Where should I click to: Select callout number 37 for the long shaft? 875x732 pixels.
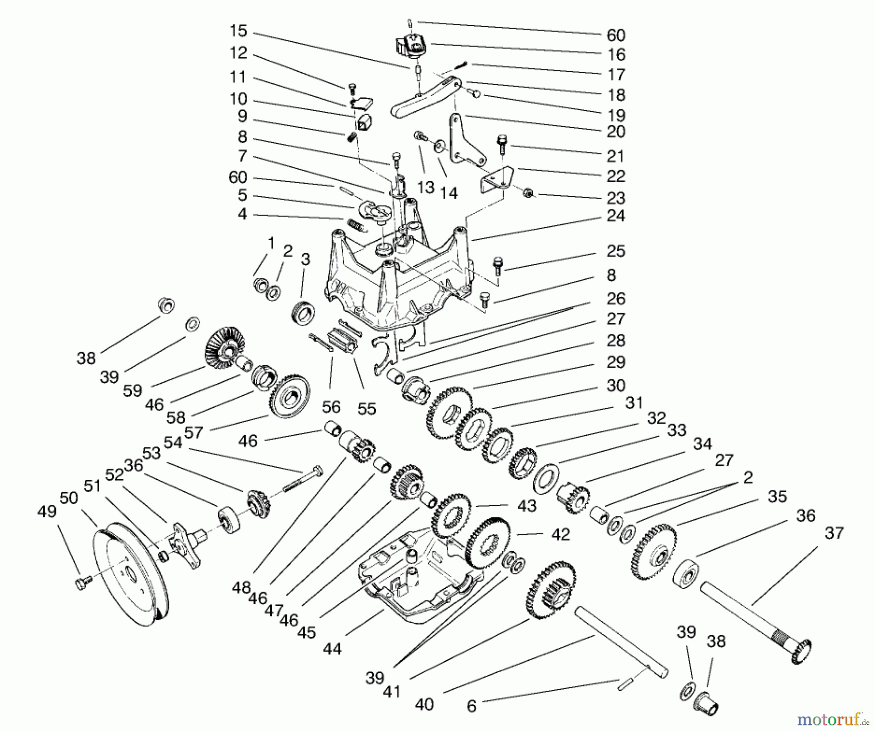click(x=834, y=533)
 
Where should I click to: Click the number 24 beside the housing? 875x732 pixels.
click(x=615, y=215)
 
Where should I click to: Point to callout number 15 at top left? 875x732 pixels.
click(x=238, y=31)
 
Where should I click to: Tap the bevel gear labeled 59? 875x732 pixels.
click(x=225, y=346)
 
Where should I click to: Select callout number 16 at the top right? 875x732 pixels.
click(x=615, y=54)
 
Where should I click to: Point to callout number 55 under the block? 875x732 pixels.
click(x=367, y=409)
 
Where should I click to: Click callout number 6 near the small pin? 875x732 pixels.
click(x=472, y=706)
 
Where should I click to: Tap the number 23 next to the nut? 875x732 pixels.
click(x=615, y=198)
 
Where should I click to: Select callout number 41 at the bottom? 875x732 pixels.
click(x=392, y=691)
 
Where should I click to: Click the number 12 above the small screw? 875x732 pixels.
click(x=238, y=52)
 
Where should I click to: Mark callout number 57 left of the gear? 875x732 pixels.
click(x=193, y=432)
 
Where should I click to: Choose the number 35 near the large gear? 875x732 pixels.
click(x=777, y=496)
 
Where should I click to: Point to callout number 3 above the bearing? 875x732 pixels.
click(x=305, y=259)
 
